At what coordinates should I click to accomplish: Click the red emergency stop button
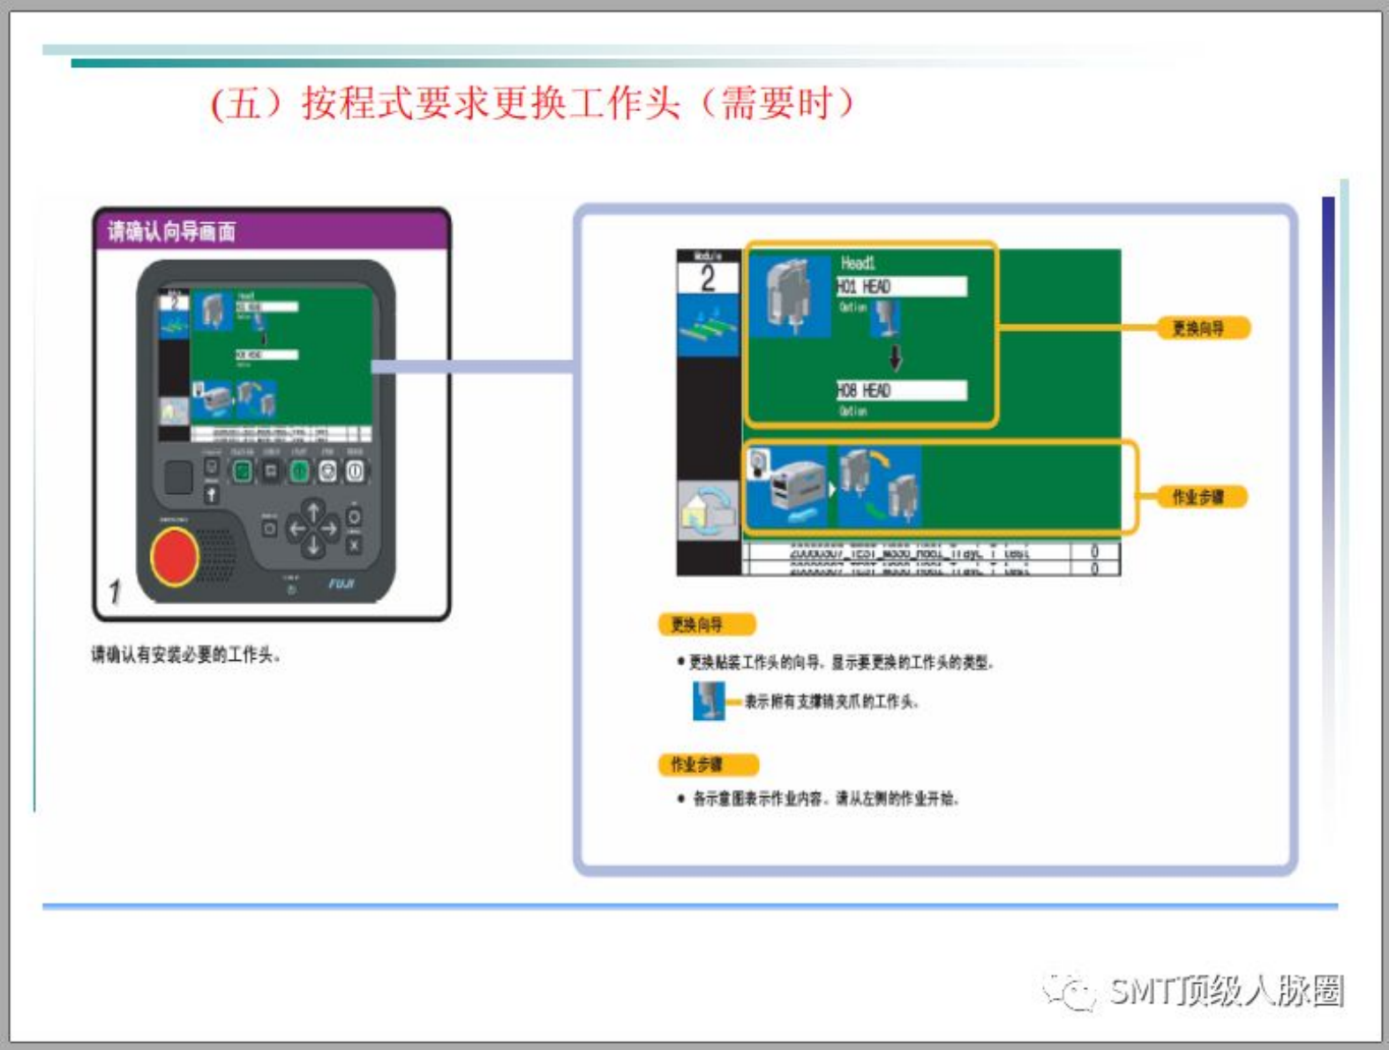pyautogui.click(x=175, y=556)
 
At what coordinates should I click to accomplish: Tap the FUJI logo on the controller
pyautogui.click(x=342, y=584)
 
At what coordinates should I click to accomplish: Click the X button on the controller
pyautogui.click(x=354, y=545)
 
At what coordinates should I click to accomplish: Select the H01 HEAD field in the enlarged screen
pyautogui.click(x=901, y=287)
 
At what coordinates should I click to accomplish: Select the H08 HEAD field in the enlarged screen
pyautogui.click(x=901, y=390)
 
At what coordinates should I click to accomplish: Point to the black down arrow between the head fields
pyautogui.click(x=896, y=357)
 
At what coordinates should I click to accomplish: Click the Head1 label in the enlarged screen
pyautogui.click(x=858, y=263)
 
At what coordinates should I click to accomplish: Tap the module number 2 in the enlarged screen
pyautogui.click(x=708, y=279)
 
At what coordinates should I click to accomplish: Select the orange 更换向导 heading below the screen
pyautogui.click(x=706, y=625)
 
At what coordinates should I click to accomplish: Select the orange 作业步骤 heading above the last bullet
pyautogui.click(x=707, y=764)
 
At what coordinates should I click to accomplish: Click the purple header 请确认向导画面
pyautogui.click(x=172, y=232)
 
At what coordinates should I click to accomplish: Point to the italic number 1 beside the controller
pyautogui.click(x=115, y=591)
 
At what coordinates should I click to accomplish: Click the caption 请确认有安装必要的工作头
pyautogui.click(x=186, y=655)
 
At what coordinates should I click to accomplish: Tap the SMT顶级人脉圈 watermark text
pyautogui.click(x=1227, y=991)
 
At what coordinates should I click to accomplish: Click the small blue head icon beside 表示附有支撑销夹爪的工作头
pyautogui.click(x=708, y=701)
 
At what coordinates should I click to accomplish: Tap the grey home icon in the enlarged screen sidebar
pyautogui.click(x=708, y=512)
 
